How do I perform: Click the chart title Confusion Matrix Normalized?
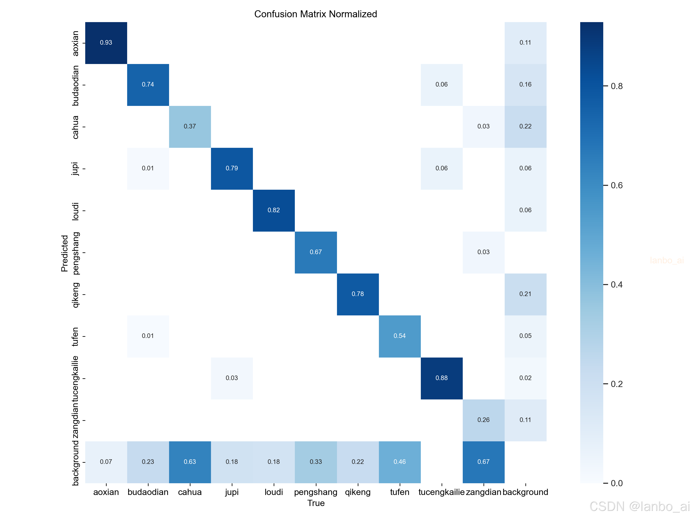tap(316, 14)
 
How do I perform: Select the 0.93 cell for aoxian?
tap(106, 43)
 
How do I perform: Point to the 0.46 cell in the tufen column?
tap(400, 462)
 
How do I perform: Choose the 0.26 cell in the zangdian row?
tap(483, 420)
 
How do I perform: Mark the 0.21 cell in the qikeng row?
tap(525, 294)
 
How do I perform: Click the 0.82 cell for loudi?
tap(274, 210)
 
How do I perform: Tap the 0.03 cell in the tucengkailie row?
tap(232, 378)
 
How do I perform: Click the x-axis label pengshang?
tap(316, 492)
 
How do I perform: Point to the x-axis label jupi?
tap(232, 492)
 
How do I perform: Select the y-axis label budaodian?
tap(75, 85)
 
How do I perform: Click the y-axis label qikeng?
tap(75, 295)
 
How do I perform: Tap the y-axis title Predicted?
tap(64, 253)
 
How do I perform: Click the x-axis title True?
tap(316, 503)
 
